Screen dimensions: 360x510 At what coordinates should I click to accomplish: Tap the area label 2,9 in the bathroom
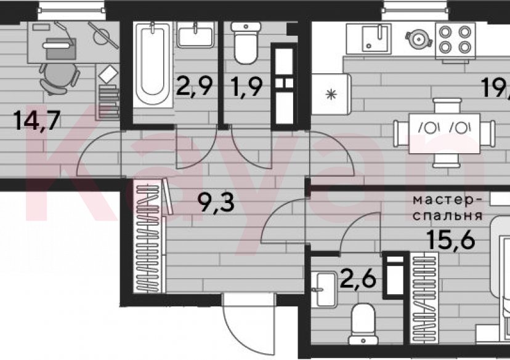tap(195, 86)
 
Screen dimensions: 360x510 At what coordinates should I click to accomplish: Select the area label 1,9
tap(249, 86)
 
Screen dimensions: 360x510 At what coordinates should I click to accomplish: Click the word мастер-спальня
tap(447, 208)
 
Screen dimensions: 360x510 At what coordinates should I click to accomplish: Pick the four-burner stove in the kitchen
tap(454, 40)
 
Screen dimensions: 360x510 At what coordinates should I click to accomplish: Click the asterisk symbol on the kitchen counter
tap(331, 95)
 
